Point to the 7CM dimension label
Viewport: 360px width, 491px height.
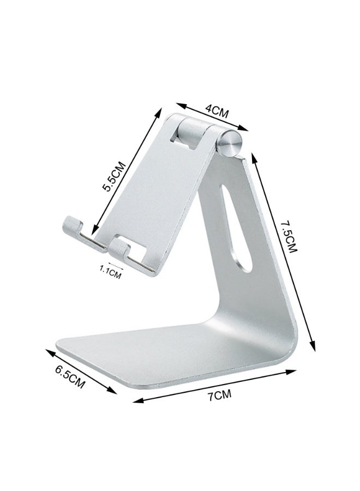click(217, 396)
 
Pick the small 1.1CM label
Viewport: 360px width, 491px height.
click(110, 271)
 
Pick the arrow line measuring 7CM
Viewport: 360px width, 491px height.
click(215, 386)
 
